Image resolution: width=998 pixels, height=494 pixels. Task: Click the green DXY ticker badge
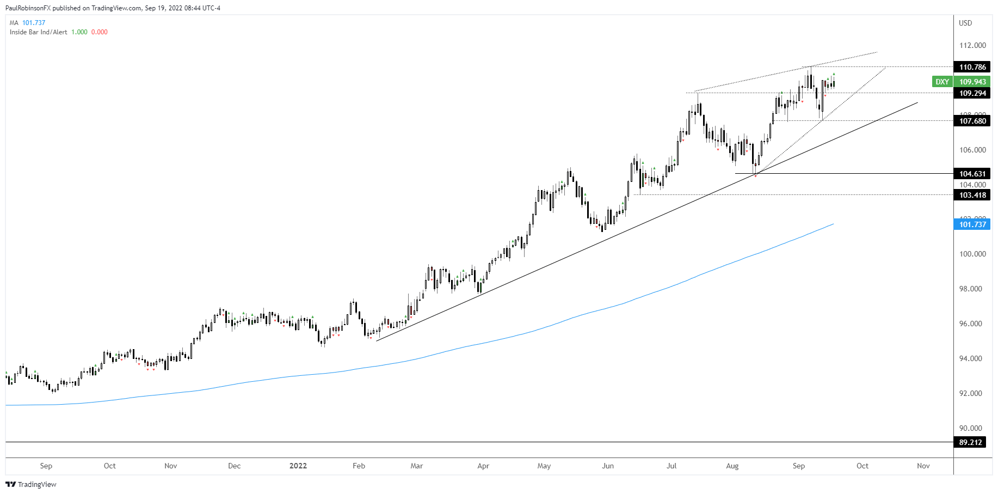pos(942,82)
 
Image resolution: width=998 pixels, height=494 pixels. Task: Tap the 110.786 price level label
pos(972,67)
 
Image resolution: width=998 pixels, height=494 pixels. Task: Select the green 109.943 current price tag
pos(972,82)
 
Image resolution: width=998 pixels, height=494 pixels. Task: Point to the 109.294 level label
pos(972,93)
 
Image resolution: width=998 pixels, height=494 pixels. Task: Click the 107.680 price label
pos(972,121)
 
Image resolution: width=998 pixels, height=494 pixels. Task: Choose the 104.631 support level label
pos(972,174)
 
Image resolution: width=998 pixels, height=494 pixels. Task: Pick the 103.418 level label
pos(972,195)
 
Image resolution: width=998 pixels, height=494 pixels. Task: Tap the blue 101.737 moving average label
pos(972,224)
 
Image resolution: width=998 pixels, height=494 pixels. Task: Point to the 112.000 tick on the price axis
pos(972,45)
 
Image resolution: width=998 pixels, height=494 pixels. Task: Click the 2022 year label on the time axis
pos(298,466)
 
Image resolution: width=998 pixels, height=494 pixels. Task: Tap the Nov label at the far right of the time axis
pos(923,466)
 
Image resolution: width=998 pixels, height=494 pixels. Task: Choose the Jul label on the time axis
pos(672,466)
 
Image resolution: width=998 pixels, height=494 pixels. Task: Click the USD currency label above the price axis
pos(965,23)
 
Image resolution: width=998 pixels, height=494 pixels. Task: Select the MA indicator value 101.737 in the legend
pos(34,23)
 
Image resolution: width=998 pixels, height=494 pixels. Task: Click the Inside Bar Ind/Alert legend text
pos(39,32)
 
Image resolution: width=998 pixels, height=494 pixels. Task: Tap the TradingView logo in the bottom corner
pos(31,484)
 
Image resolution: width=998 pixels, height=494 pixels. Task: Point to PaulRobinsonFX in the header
pos(28,8)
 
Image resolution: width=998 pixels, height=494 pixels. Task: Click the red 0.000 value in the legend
pos(99,32)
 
